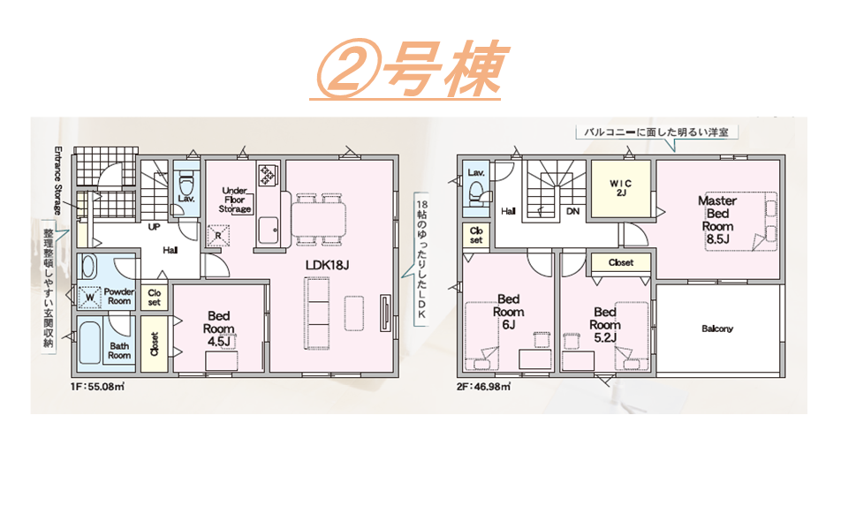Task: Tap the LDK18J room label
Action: [x=327, y=265]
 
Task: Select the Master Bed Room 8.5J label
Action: [x=717, y=220]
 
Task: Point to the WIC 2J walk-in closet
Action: [x=620, y=188]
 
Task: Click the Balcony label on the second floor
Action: [x=717, y=328]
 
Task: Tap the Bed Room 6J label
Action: [x=509, y=312]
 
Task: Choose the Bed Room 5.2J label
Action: [x=605, y=325]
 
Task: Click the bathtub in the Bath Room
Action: [x=89, y=343]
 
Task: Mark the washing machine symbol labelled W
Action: [x=89, y=297]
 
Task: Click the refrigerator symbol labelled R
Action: [x=218, y=235]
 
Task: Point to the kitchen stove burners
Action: [x=267, y=174]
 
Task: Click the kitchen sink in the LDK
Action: [x=268, y=230]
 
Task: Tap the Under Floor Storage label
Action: [x=235, y=200]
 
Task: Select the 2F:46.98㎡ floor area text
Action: [x=484, y=386]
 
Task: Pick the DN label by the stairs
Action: [x=572, y=211]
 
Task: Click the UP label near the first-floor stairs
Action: [x=154, y=227]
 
